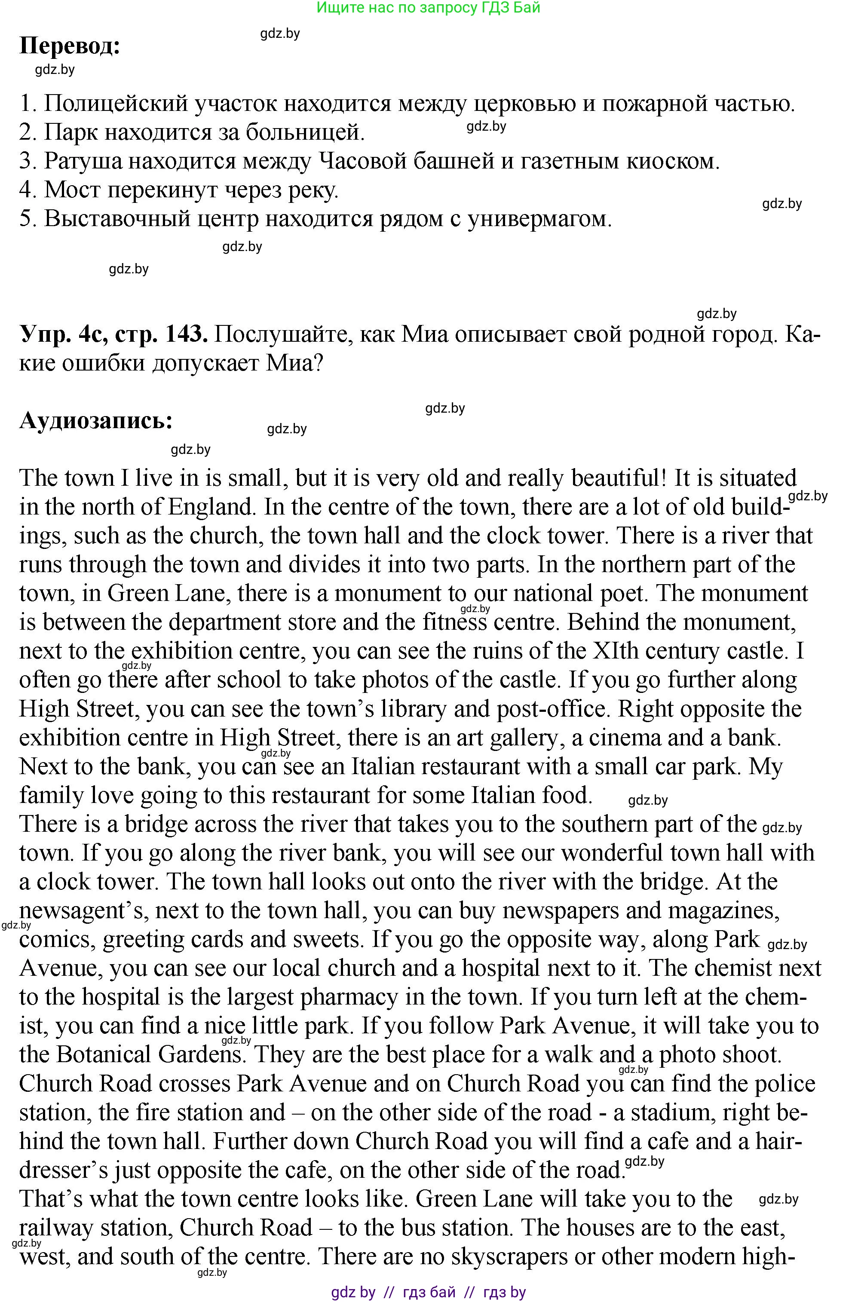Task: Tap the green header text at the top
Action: coord(429,8)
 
